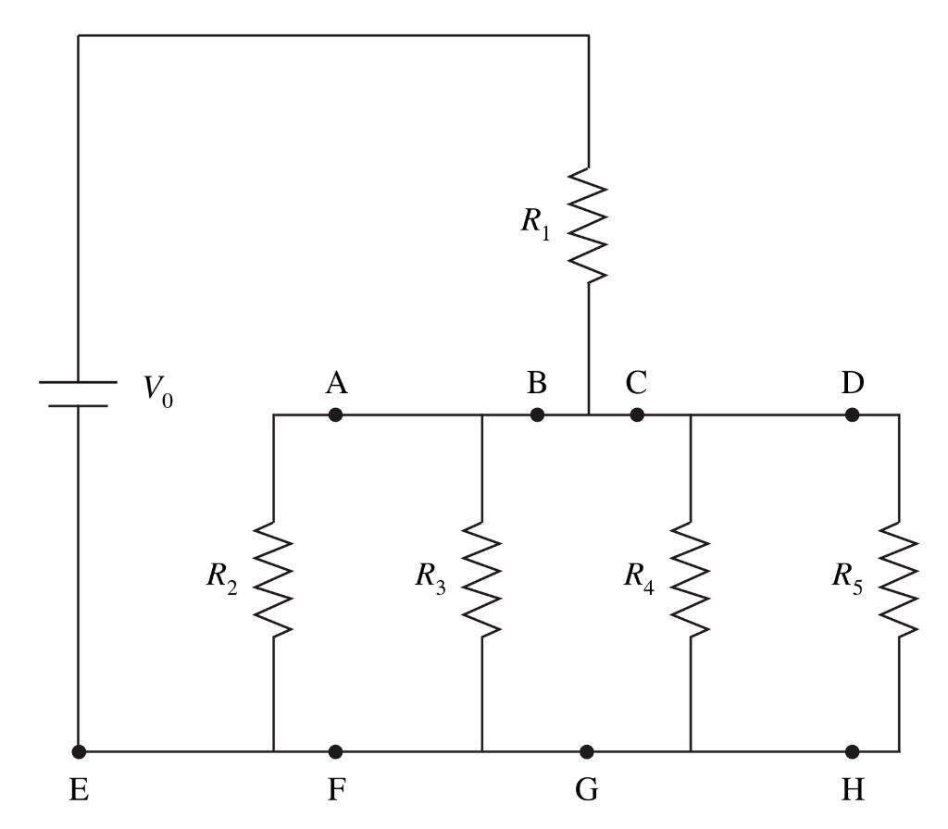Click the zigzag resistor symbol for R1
(589, 225)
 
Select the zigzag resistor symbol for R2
(273, 579)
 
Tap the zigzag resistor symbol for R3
(482, 579)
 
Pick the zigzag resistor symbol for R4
(691, 579)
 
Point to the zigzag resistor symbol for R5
(899, 579)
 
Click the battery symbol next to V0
(78, 393)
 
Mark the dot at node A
(335, 415)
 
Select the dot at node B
(537, 415)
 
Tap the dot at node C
(637, 415)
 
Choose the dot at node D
(852, 415)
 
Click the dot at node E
(79, 751)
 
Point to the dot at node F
(335, 751)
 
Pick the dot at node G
(586, 751)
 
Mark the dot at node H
(852, 751)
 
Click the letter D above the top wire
(852, 382)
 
